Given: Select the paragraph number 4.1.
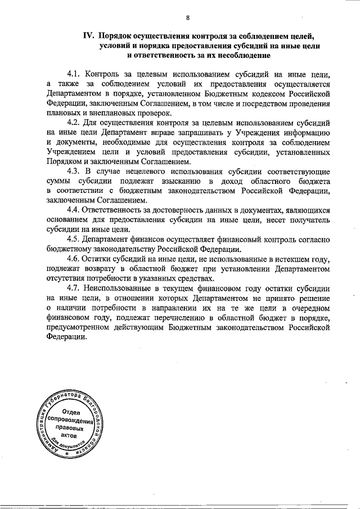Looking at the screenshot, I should (x=74, y=75).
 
